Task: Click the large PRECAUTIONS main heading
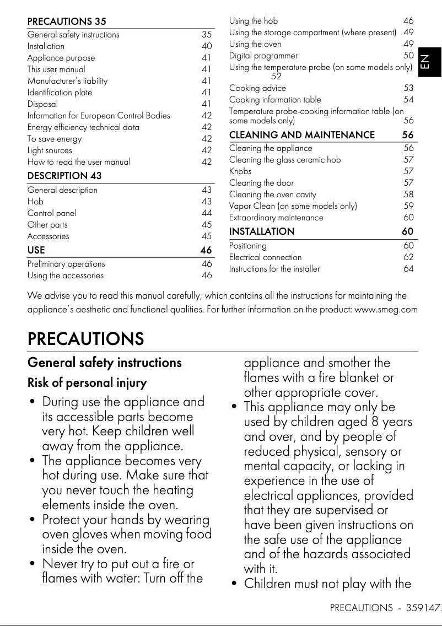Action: tap(85, 338)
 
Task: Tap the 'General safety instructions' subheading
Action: tap(104, 363)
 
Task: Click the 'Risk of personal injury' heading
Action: tap(87, 382)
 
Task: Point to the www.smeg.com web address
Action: tap(386, 309)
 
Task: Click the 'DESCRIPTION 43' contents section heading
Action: tap(64, 176)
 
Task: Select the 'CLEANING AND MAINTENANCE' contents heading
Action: tap(301, 134)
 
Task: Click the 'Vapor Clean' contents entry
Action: tap(293, 206)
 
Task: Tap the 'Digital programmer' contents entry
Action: tap(263, 56)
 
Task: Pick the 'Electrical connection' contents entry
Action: tap(265, 257)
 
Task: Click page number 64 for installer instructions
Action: tap(408, 269)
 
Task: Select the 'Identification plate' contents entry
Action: tap(60, 93)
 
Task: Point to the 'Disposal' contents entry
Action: tap(42, 104)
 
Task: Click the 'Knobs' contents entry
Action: tap(240, 171)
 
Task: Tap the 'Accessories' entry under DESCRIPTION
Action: tap(48, 236)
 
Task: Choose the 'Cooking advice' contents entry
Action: tap(257, 88)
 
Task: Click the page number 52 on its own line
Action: tap(276, 77)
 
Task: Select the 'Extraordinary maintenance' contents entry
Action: tap(276, 218)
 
